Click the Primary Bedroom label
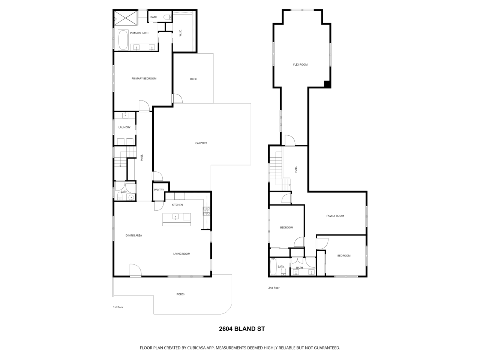(144, 78)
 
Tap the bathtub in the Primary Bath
(123, 40)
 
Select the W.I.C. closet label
(180, 33)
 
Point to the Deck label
(193, 79)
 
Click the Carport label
(201, 143)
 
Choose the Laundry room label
(124, 127)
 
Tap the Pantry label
(159, 190)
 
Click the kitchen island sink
(175, 217)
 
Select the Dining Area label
(133, 235)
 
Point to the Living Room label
(182, 254)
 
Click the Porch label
(181, 294)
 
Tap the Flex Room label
(300, 65)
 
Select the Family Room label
(335, 216)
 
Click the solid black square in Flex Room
(327, 84)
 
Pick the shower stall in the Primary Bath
(126, 18)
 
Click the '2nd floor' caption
(274, 288)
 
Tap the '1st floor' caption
(118, 307)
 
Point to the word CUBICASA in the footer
(196, 348)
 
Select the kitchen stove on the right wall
(206, 211)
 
